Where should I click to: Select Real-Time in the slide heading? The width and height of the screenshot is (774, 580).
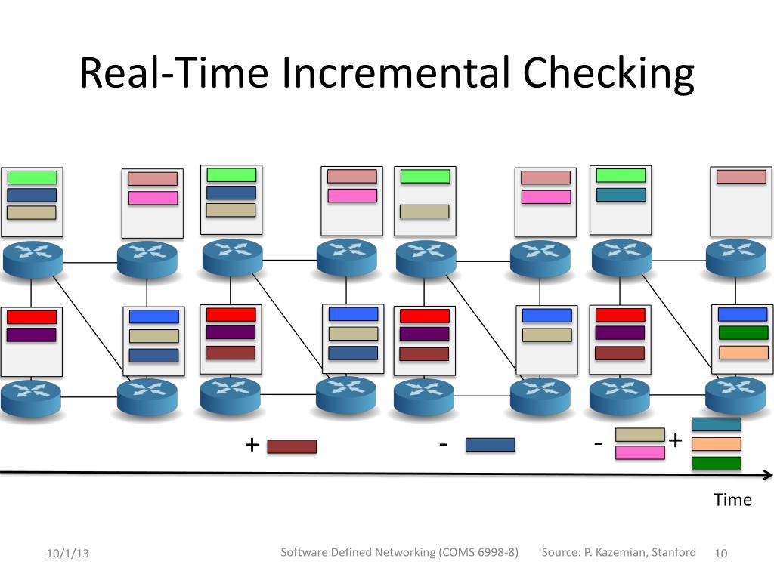coord(174,74)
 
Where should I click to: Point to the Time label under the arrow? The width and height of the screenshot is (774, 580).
coord(732,499)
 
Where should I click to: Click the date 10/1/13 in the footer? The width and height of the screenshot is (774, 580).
coord(67,554)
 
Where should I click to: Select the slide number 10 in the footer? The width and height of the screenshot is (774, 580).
coord(720,554)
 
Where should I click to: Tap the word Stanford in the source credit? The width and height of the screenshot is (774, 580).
coord(673,552)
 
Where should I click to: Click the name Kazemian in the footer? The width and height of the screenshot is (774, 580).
coord(619,552)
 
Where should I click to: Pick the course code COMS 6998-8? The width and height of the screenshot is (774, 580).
coord(477,552)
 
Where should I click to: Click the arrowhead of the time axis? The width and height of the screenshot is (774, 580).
coord(768,475)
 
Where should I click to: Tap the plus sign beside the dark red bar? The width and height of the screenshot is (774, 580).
coord(252,445)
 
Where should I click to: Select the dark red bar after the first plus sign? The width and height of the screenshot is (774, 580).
coord(292,446)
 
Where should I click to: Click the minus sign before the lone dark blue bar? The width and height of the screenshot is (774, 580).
coord(442,444)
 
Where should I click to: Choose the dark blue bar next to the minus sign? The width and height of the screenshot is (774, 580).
coord(490,445)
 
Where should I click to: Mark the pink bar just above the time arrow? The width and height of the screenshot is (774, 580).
coord(639,452)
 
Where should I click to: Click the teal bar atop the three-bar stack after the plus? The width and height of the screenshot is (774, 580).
coord(716,424)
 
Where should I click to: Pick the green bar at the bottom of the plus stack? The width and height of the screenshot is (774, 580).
coord(716,463)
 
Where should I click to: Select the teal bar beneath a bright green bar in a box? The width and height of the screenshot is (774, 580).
coord(621,195)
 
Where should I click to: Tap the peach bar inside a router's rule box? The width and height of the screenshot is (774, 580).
coord(743,352)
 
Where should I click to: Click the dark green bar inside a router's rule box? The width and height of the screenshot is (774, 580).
coord(743,332)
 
